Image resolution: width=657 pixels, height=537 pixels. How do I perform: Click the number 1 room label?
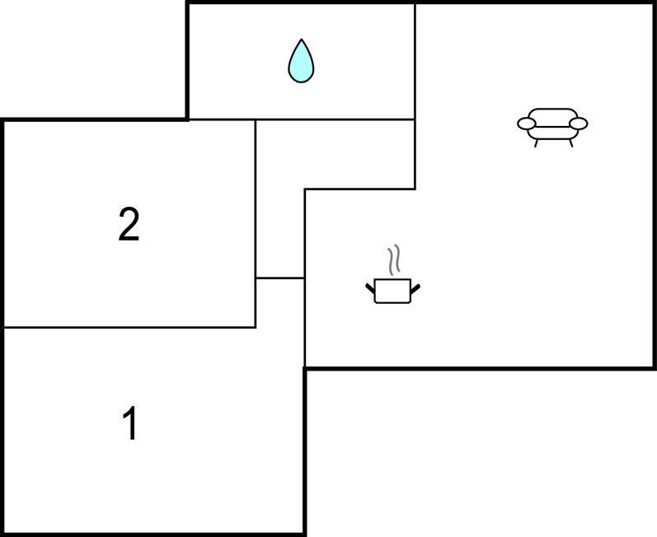(130, 423)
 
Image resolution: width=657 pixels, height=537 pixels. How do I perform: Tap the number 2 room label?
(129, 225)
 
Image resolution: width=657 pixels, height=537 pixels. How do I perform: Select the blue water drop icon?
(301, 61)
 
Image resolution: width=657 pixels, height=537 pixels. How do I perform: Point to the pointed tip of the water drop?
(301, 40)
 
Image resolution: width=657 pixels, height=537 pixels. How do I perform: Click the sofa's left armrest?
(526, 124)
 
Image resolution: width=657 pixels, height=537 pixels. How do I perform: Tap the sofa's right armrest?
(579, 124)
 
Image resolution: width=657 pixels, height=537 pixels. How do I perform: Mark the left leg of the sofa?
(536, 143)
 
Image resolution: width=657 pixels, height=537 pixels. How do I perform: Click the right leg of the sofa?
(570, 143)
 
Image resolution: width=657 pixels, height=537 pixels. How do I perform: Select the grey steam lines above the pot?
(393, 259)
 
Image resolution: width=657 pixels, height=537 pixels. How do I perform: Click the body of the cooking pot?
(392, 291)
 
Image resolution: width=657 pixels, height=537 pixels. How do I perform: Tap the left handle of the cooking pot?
(370, 288)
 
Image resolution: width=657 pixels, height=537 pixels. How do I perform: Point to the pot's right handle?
(415, 288)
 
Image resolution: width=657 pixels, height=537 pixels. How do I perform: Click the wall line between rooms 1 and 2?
(130, 327)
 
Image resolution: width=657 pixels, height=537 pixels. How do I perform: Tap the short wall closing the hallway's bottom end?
(280, 278)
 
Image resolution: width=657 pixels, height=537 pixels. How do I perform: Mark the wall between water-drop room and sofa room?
(415, 62)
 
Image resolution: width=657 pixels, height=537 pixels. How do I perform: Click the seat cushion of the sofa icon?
(552, 133)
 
